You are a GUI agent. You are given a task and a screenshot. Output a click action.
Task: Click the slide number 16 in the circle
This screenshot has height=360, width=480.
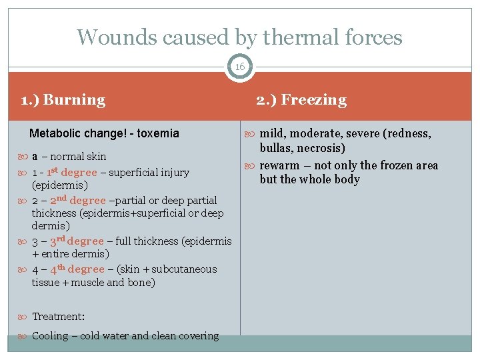(239, 67)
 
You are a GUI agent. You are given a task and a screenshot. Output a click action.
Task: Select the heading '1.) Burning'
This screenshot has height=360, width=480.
(63, 100)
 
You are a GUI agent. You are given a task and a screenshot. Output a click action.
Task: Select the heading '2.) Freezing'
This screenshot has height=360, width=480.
(302, 100)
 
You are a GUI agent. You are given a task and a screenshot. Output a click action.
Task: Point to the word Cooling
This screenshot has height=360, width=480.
(50, 336)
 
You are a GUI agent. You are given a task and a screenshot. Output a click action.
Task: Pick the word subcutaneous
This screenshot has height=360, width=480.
(185, 269)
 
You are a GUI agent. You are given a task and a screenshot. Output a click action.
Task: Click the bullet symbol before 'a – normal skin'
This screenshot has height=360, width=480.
(25, 157)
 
